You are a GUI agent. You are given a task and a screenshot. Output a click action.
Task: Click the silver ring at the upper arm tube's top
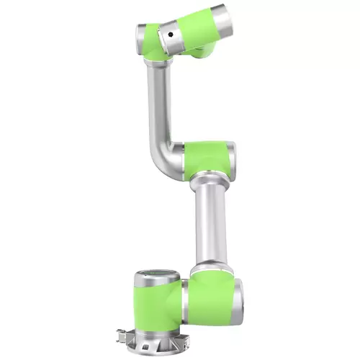[x=152, y=63]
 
